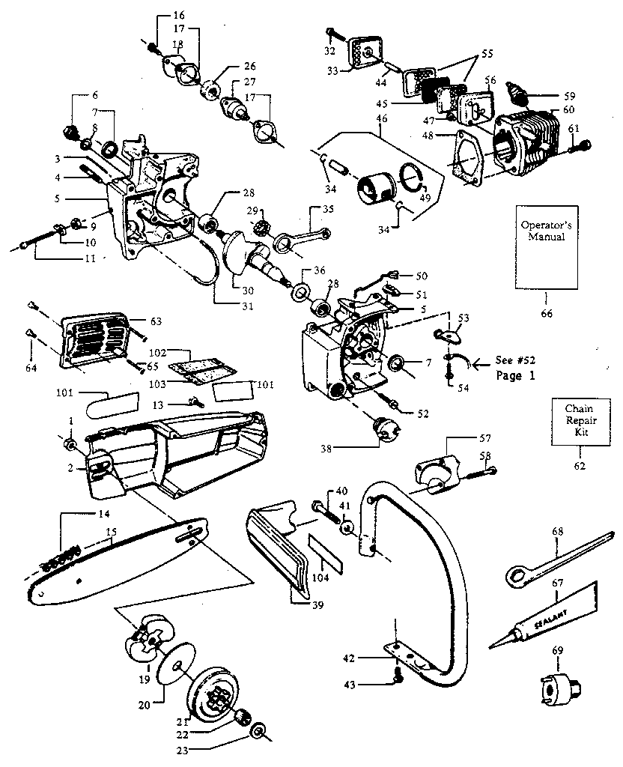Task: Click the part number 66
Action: [x=546, y=313]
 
